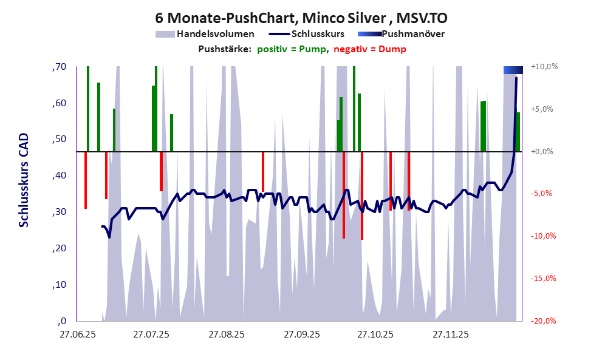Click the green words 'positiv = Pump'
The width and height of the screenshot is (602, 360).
coord(292,49)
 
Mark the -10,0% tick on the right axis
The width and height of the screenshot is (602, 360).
coord(544,236)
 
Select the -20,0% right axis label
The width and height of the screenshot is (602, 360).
coord(544,321)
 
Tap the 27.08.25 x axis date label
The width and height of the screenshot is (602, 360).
coord(227,335)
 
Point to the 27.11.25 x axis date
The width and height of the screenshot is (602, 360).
coord(450,335)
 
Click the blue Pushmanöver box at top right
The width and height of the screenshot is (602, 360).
coord(513,70)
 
